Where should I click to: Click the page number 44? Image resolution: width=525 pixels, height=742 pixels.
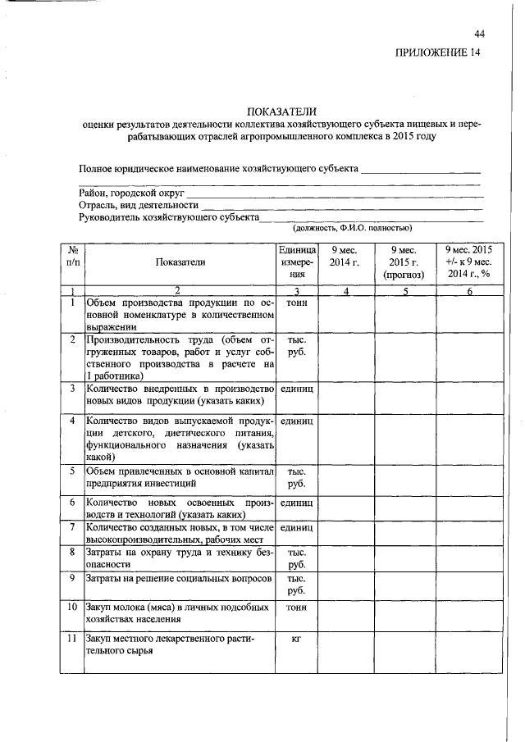(479, 34)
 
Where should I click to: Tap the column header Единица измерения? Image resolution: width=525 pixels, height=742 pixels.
(296, 262)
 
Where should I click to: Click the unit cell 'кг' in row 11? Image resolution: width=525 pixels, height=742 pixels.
(296, 638)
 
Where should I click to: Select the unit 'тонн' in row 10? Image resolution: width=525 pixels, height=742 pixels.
(296, 608)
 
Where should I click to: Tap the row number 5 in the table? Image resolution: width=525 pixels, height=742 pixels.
(72, 471)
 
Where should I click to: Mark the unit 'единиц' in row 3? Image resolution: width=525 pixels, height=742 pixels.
(296, 388)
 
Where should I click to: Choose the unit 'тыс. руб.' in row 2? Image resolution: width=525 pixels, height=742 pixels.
(296, 345)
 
